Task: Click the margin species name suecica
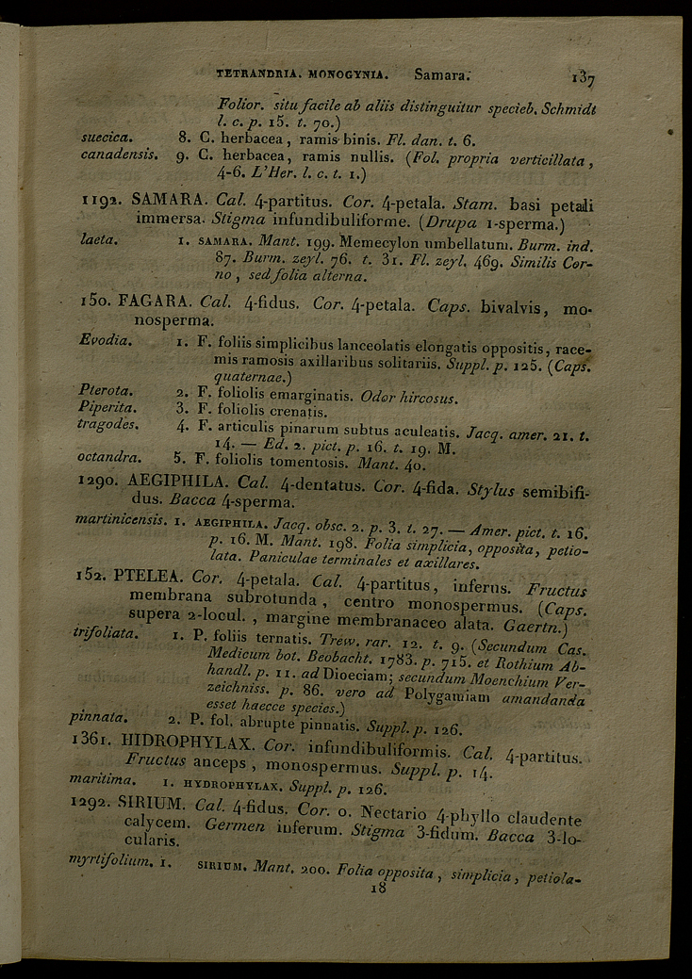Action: click(x=107, y=138)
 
